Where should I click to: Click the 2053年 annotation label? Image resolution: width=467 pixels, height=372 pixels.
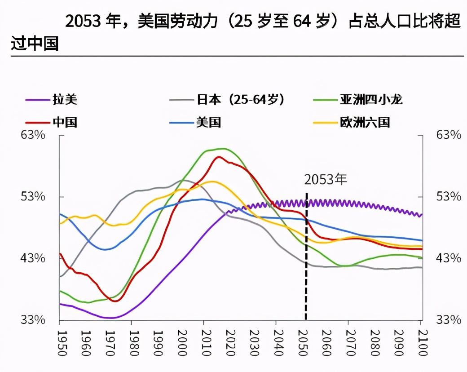[x=326, y=179]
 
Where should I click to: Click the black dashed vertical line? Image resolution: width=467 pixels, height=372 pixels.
[x=306, y=270]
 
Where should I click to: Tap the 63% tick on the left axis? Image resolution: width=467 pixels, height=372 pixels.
[x=33, y=135]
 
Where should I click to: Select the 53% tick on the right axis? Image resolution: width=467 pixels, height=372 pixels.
[x=449, y=196]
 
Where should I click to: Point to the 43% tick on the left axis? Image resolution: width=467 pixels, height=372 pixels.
[x=33, y=258]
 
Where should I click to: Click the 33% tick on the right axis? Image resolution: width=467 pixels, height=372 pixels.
[x=449, y=320]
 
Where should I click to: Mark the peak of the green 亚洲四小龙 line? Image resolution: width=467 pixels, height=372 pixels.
[x=222, y=148]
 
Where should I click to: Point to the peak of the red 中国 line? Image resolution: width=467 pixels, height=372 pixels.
[x=219, y=157]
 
